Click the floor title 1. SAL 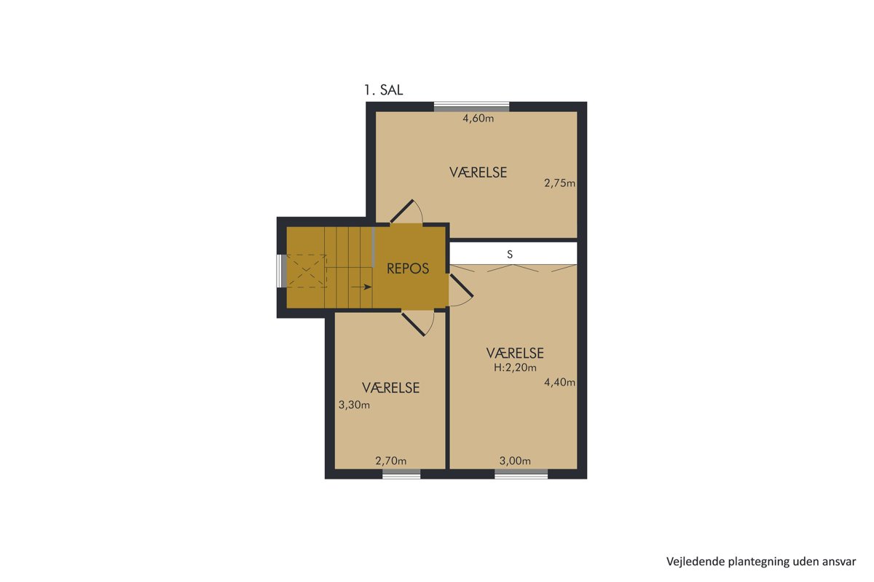coord(384,90)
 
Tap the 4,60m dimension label coord(479,119)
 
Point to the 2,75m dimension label coord(560,183)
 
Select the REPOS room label coord(408,268)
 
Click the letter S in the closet coord(510,255)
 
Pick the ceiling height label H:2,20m coord(515,367)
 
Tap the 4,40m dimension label coord(560,383)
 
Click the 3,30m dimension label coord(354,405)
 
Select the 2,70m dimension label coord(391,461)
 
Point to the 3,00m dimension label coord(515,461)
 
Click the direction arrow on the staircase coord(361,287)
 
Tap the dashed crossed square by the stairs coord(307,271)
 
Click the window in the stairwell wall coord(281,271)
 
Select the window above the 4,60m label coord(472,107)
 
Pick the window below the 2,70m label coord(401,474)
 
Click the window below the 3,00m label coord(521,474)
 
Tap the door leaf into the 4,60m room coord(402,212)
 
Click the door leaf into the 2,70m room coord(413,324)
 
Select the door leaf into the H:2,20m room coord(462,286)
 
